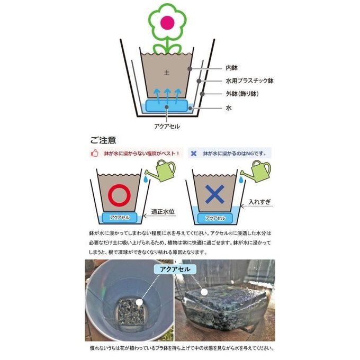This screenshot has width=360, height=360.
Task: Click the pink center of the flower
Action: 167,22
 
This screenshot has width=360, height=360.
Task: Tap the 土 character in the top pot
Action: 167,73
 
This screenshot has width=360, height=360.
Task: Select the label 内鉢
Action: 232,68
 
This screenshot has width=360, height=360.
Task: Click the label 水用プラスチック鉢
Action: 249,80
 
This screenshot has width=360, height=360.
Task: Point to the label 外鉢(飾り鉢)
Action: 242,94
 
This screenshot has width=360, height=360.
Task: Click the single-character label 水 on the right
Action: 229,107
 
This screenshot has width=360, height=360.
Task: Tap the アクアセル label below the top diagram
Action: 167,127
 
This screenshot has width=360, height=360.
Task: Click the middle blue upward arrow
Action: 167,96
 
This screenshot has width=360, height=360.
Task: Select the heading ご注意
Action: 103,140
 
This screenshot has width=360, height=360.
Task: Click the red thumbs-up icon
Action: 95,153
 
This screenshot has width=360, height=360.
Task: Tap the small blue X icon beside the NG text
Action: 194,154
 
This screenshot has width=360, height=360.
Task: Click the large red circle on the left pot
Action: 119,195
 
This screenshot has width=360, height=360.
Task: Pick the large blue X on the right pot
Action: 214,194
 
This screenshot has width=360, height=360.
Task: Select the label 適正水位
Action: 163,211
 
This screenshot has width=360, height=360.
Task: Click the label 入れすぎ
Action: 259,202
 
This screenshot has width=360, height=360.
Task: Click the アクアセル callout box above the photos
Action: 175,269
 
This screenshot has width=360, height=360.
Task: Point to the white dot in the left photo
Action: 139,302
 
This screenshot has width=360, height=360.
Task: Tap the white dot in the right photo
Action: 204,292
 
